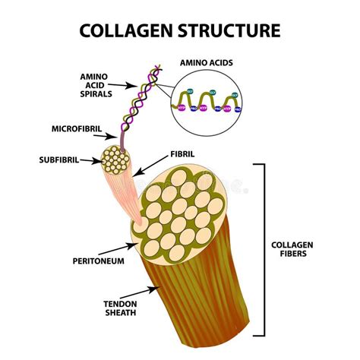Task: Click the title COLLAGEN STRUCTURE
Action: [180, 30]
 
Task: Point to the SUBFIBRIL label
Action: [58, 160]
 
